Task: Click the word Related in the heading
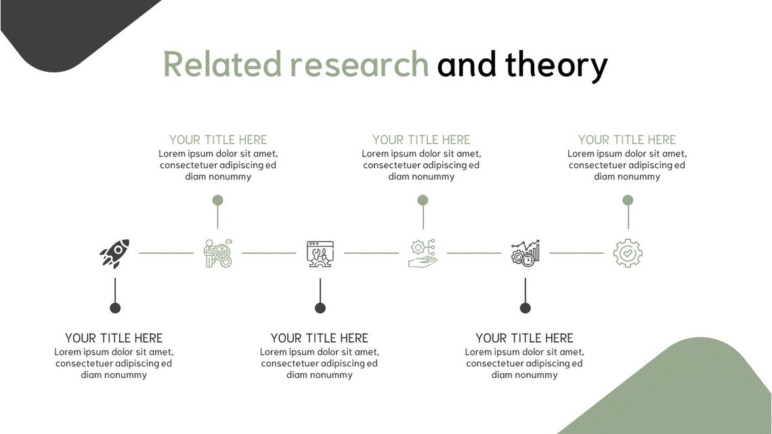tap(222, 65)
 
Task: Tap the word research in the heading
tap(359, 65)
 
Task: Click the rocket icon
tap(114, 253)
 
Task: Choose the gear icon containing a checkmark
tap(628, 253)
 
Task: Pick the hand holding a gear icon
tap(423, 253)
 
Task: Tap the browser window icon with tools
tap(320, 253)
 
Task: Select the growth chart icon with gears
tap(526, 253)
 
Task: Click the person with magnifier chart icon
tap(218, 253)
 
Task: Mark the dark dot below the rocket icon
tap(115, 308)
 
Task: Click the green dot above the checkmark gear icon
tap(628, 200)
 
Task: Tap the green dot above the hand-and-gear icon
tap(423, 200)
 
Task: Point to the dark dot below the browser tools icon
tap(320, 308)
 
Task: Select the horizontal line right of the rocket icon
tap(166, 253)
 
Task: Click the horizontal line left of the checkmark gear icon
tap(576, 253)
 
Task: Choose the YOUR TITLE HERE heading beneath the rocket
tap(114, 338)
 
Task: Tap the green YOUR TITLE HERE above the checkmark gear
tap(627, 140)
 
